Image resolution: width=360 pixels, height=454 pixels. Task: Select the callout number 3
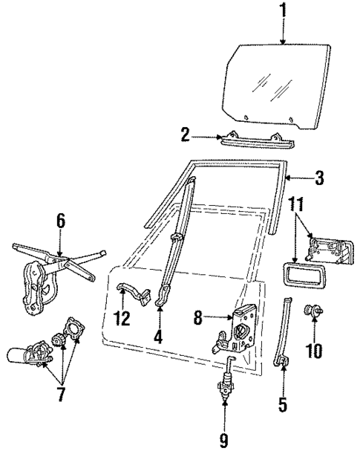coord(319,178)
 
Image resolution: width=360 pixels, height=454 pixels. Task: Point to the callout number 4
coord(157,336)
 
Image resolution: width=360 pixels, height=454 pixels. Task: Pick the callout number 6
coord(60,221)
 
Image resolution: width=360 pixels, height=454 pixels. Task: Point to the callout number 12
coord(122,319)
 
